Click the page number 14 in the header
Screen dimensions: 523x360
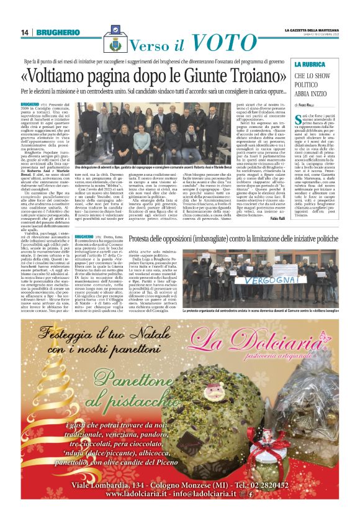click(x=24, y=32)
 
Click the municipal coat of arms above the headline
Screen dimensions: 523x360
click(x=114, y=44)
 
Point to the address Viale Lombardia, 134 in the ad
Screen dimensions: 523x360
click(x=103, y=485)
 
